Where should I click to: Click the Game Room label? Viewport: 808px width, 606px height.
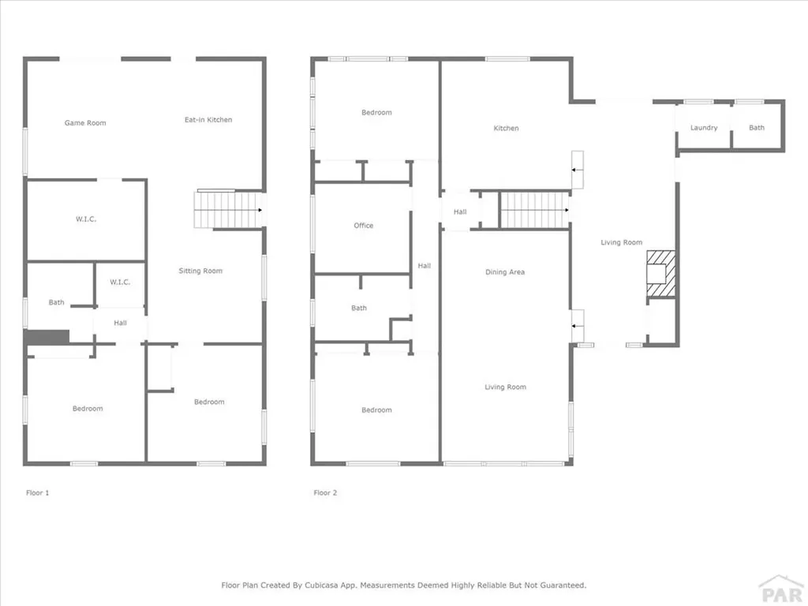pos(85,123)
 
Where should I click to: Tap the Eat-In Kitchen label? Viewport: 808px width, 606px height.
pos(208,120)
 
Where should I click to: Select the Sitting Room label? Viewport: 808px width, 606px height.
pos(200,271)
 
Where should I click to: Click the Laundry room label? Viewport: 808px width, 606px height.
pos(704,128)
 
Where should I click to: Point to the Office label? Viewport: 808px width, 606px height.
pos(364,226)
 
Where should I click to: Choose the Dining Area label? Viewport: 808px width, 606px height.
pos(505,272)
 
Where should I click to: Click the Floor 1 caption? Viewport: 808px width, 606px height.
pos(37,493)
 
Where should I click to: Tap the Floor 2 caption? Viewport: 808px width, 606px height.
pos(325,493)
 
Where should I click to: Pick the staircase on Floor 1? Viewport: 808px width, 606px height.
pos(228,210)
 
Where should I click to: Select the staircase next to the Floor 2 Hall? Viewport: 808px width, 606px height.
pos(534,210)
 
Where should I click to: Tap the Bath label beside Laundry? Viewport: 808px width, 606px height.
pos(757,128)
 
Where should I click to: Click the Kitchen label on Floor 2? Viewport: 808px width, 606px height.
pos(506,129)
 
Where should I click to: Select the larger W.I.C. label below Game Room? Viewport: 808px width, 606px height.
pos(86,219)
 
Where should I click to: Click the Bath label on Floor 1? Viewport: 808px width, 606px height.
pos(57,302)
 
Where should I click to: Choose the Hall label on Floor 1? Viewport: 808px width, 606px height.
pos(120,323)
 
